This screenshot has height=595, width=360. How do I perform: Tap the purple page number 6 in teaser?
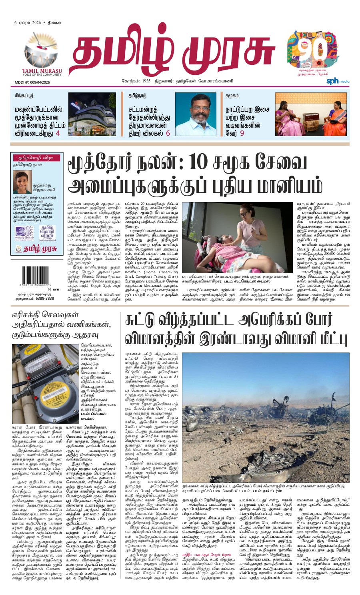pyautogui.click(x=168, y=133)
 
